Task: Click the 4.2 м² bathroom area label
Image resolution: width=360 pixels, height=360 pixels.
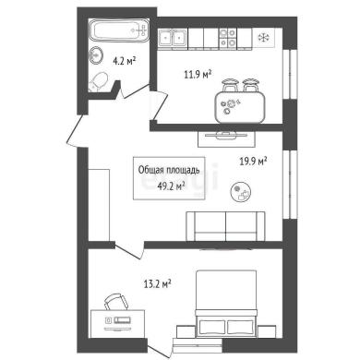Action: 125,61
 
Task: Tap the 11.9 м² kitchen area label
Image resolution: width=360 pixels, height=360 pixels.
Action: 198,74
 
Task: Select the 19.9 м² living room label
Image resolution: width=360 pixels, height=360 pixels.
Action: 253,161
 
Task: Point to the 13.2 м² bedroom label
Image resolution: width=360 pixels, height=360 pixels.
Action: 157,283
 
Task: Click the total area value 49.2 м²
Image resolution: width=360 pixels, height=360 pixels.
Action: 171,186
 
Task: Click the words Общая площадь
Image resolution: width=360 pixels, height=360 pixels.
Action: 169,170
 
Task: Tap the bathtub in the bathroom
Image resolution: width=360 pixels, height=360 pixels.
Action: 119,30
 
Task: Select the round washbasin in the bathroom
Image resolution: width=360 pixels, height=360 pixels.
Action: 96,55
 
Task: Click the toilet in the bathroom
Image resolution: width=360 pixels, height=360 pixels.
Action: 98,81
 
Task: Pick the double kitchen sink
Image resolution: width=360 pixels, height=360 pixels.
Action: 172,38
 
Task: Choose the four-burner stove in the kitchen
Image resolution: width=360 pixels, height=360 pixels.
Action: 228,38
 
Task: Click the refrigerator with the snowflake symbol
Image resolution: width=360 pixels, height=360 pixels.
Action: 263,38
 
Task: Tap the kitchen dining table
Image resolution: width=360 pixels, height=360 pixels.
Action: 240,107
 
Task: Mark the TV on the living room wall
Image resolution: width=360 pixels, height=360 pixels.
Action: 226,135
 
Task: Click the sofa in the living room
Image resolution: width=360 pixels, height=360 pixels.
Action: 225,226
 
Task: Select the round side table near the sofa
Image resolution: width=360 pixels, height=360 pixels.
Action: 241,192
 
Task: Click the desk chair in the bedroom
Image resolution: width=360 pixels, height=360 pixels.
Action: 115,302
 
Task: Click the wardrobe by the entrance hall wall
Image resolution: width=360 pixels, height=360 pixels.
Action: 99,205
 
